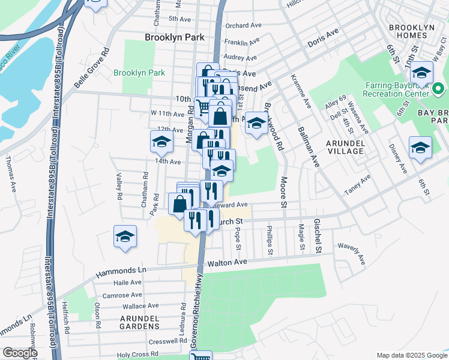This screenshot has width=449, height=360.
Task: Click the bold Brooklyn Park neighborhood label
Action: coord(175,37)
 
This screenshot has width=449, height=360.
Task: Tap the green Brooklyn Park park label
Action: coord(139,73)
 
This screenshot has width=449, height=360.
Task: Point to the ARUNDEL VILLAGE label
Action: coord(345,147)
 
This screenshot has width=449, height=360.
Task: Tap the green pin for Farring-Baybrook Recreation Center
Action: coord(438,90)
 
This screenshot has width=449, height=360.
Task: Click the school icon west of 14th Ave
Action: coord(161,142)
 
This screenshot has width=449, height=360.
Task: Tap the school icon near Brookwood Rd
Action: coord(256,124)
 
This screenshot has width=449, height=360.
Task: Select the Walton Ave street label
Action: coord(228,263)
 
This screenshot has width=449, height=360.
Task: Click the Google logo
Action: coord(20,353)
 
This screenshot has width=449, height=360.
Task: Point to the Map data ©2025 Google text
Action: coord(411,355)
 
